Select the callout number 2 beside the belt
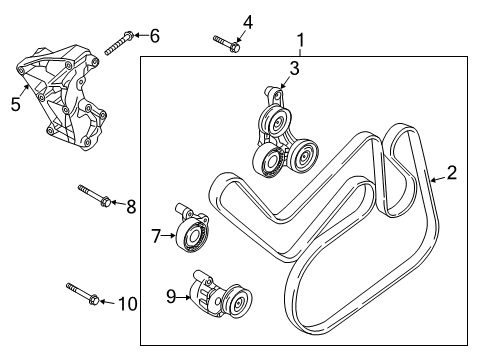tap(452, 172)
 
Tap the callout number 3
tap(294, 68)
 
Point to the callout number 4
tap(247, 22)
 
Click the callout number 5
tap(16, 103)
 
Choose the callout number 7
tap(155, 236)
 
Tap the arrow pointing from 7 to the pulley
tap(169, 236)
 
